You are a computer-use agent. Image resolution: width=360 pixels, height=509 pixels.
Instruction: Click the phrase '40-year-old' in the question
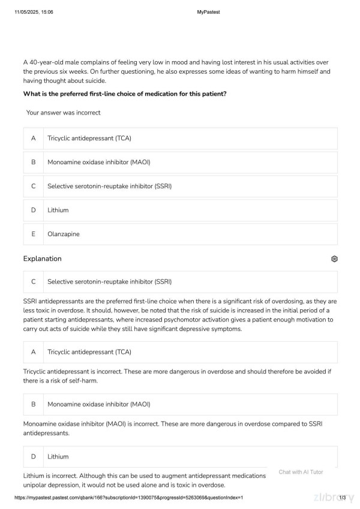46,62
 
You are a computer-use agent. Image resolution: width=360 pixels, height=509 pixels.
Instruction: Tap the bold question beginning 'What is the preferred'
125,94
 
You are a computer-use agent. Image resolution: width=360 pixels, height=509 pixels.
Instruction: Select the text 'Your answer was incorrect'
63,113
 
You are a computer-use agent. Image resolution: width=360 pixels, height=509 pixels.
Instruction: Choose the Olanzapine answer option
64,234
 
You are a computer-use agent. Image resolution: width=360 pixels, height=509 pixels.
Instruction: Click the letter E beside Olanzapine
34,234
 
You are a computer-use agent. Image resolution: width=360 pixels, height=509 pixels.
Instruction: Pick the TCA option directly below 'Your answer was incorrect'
89,138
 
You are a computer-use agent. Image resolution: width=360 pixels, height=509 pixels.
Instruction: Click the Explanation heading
42,259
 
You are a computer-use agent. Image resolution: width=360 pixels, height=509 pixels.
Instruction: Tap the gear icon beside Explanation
334,259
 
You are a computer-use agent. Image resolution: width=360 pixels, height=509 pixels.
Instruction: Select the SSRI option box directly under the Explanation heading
110,281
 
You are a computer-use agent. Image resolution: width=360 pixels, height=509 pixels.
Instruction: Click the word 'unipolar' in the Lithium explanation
36,485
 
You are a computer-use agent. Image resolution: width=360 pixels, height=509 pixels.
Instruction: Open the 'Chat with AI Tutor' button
301,472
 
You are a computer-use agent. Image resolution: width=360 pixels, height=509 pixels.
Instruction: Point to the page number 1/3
343,498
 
